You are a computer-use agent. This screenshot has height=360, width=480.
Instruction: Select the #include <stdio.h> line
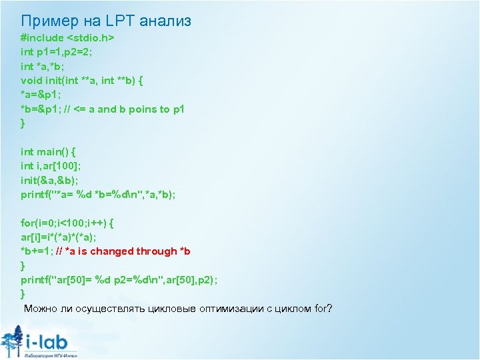(x=67, y=38)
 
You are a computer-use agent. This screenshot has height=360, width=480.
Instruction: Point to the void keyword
(x=31, y=81)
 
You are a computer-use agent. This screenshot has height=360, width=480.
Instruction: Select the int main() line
(x=48, y=152)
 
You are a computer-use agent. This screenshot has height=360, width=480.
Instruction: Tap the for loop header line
(x=67, y=223)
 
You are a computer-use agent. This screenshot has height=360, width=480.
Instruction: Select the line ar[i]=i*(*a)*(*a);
(x=58, y=237)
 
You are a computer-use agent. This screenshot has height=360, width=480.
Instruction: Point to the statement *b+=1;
(x=37, y=251)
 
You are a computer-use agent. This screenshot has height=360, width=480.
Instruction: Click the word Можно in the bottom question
(x=41, y=309)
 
